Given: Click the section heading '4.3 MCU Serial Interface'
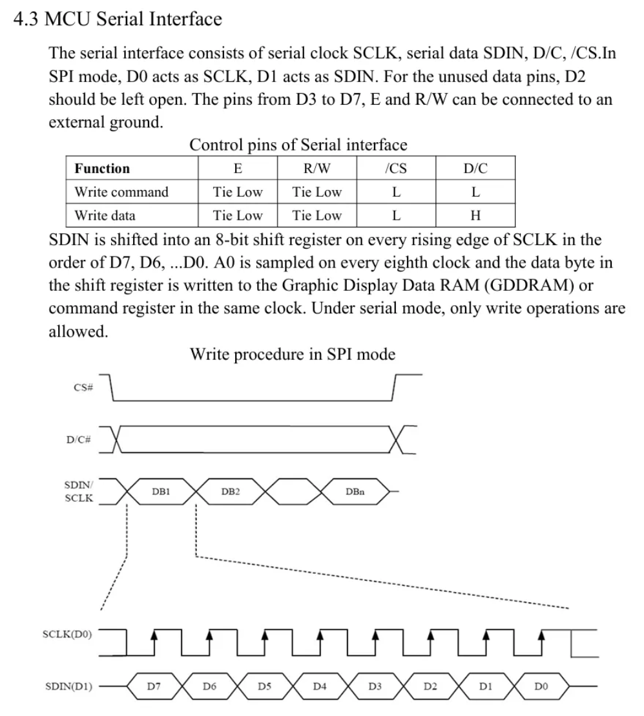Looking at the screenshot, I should point(118,19).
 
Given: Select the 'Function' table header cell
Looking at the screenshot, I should point(102,169).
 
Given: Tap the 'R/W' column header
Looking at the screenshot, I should point(317,169).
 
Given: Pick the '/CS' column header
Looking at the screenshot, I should point(395,169).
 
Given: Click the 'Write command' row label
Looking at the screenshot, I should point(121,192).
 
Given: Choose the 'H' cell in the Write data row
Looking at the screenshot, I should point(475,215).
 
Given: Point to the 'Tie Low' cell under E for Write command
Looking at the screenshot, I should point(238,192).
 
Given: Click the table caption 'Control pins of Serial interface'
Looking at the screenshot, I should point(298,145).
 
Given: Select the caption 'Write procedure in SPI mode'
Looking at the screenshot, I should point(293,354).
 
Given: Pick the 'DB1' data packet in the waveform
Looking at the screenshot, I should point(161,491).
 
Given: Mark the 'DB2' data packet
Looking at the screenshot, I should point(231,491).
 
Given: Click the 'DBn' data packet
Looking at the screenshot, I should point(355,491).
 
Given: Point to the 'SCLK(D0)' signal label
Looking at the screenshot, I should point(67,634).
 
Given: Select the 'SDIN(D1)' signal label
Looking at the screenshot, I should point(67,686).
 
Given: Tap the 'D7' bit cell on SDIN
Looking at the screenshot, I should point(153,686).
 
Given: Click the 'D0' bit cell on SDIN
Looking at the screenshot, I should point(541,686).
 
